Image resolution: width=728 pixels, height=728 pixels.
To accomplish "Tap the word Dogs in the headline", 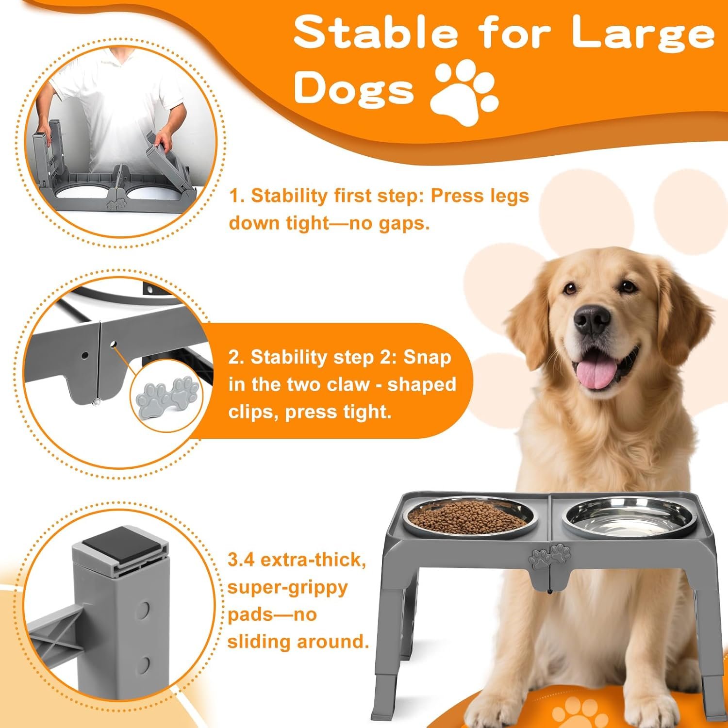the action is coord(354,88).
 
